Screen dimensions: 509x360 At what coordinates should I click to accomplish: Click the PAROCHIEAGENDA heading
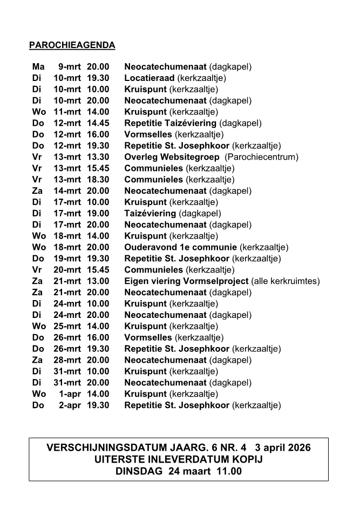tap(72, 45)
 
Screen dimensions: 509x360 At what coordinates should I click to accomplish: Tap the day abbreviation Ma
tap(38, 67)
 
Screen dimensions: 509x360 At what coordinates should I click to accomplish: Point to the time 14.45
tap(98, 123)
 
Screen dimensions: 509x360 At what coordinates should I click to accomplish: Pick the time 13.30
tap(98, 157)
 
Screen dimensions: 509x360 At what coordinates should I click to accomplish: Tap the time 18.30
tap(98, 180)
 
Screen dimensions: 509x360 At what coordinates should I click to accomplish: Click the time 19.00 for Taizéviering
tap(98, 213)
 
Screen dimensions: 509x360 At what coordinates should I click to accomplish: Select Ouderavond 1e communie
tap(181, 247)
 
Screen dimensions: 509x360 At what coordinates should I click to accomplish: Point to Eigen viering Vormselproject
tap(186, 281)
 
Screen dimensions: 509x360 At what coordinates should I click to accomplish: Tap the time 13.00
tap(98, 281)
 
